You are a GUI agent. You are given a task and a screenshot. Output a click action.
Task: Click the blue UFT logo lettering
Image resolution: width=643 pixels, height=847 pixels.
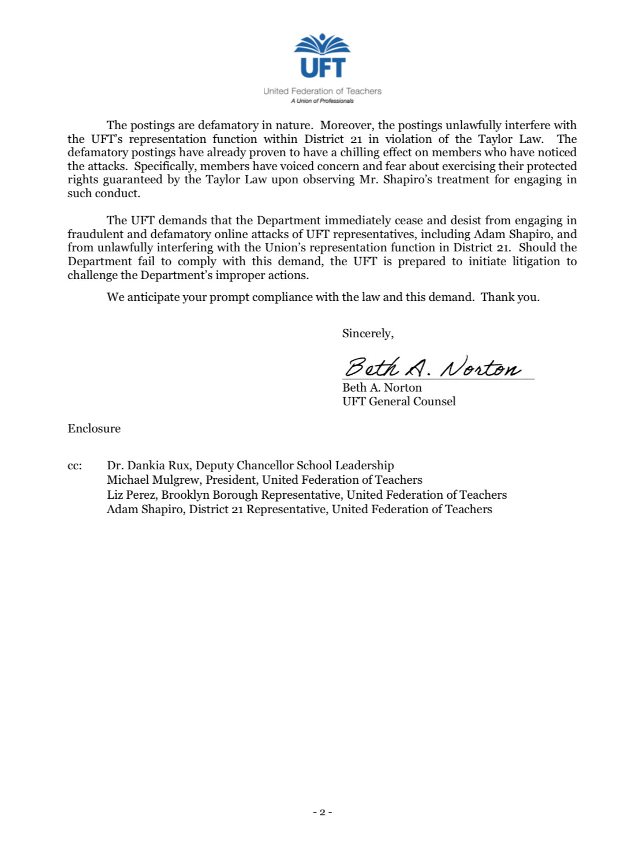tap(322, 67)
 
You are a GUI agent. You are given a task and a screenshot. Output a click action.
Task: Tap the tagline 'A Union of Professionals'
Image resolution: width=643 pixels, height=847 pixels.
tap(322, 101)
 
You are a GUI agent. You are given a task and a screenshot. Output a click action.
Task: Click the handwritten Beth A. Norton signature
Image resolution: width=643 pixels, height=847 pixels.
tap(433, 367)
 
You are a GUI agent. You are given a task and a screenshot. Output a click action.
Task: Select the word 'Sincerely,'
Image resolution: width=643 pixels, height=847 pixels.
tap(368, 333)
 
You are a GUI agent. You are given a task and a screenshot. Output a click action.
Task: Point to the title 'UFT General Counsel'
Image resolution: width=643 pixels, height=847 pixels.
tap(399, 401)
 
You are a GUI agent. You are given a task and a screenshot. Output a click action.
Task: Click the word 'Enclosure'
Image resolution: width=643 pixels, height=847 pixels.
tap(94, 428)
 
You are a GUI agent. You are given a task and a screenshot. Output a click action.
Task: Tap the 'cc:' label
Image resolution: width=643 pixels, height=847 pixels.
tap(74, 466)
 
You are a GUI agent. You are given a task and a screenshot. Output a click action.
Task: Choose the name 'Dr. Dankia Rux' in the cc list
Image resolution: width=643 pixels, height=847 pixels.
tap(148, 465)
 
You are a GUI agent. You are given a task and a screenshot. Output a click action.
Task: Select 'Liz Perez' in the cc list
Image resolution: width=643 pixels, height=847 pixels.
tap(130, 495)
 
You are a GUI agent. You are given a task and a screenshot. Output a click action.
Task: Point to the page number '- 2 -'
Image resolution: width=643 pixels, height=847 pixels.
tap(322, 812)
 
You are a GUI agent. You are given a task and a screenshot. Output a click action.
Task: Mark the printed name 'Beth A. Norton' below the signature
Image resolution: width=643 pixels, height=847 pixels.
tap(382, 387)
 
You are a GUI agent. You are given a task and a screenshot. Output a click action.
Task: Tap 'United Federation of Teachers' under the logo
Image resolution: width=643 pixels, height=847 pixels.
tap(322, 91)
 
